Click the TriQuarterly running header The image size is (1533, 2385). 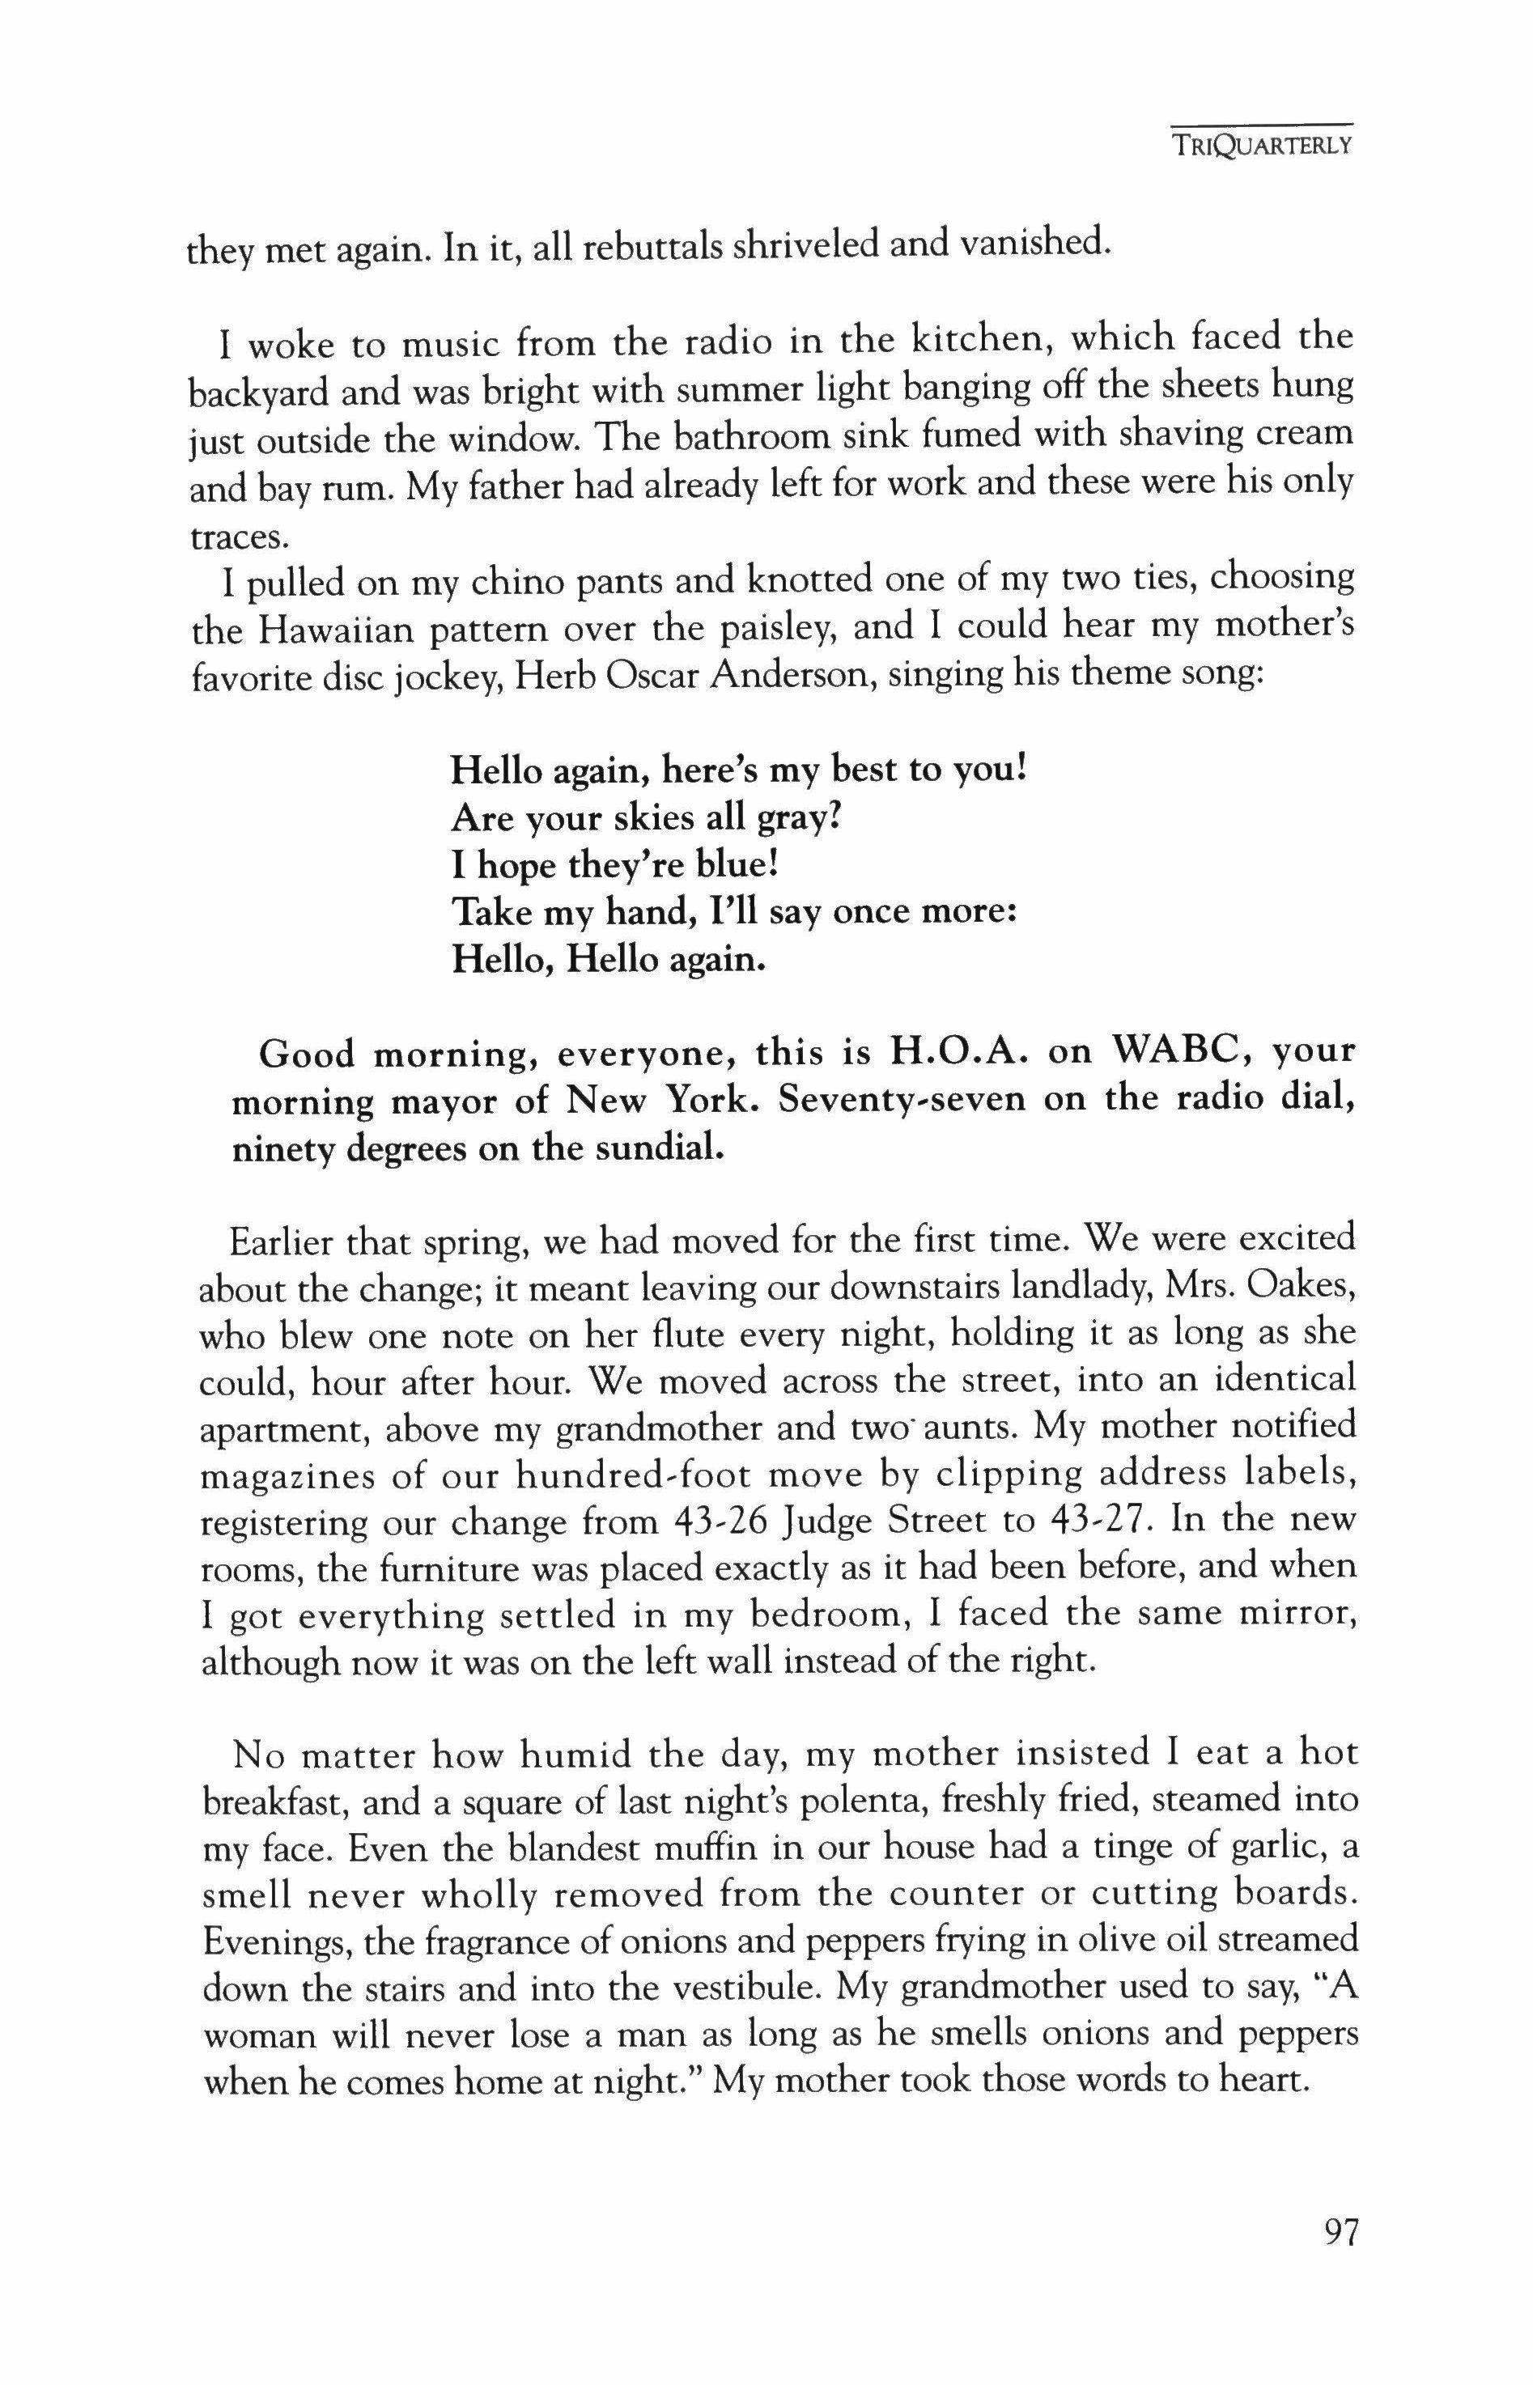point(1261,146)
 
